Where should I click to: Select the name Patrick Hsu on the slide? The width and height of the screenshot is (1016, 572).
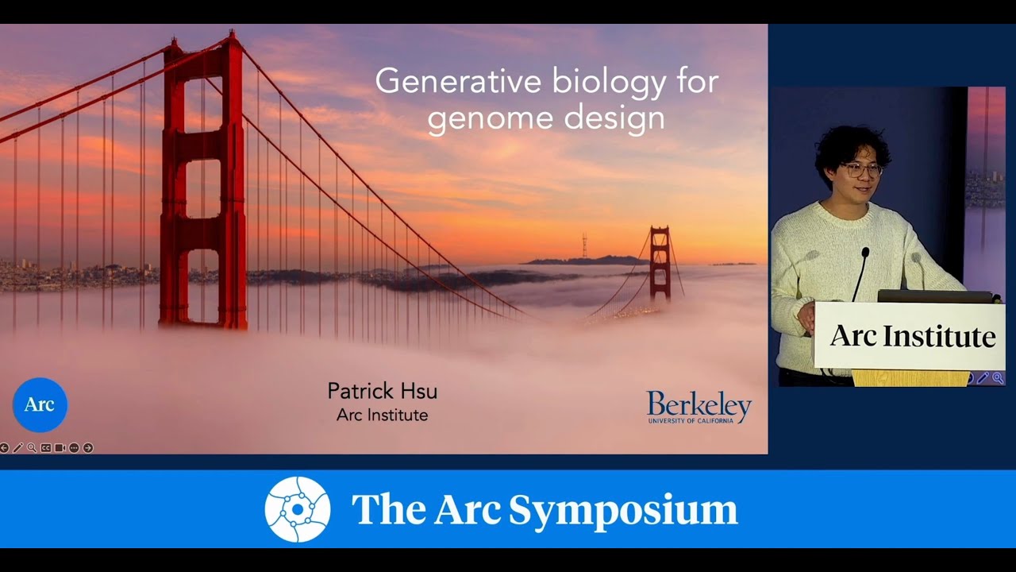(382, 391)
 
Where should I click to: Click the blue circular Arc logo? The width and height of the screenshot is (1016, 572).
(40, 404)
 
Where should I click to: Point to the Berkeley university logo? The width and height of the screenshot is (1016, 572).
(698, 407)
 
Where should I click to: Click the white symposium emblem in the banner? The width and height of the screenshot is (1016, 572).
(298, 509)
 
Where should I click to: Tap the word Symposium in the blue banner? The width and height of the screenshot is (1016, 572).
(623, 510)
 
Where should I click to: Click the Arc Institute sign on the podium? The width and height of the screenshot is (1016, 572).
(912, 336)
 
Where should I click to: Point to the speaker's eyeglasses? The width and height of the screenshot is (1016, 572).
(861, 170)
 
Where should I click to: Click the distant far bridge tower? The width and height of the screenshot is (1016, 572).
(659, 262)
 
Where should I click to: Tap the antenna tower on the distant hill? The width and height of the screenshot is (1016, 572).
(584, 245)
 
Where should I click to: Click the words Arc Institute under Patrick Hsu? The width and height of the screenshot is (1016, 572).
(382, 415)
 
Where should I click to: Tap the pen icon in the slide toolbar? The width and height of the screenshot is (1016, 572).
(17, 448)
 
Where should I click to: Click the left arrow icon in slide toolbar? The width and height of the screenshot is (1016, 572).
(4, 448)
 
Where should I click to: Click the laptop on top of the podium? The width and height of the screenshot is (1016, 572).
(937, 296)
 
